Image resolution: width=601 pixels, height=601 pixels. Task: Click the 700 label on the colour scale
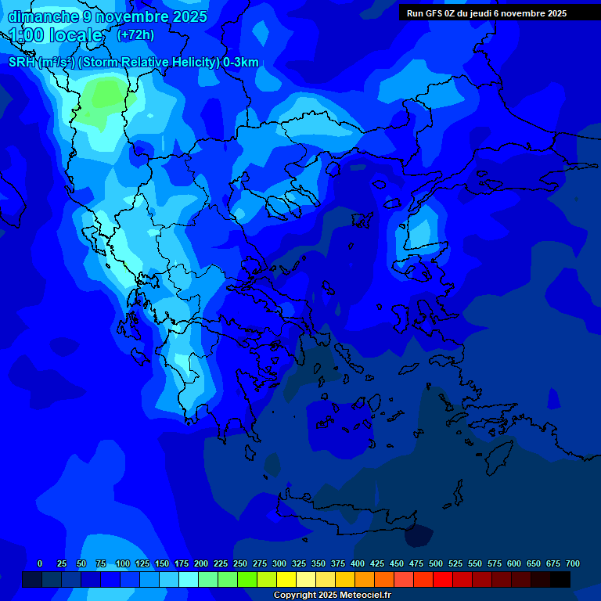(x=573, y=563)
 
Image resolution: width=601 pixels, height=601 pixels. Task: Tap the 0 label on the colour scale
(x=40, y=563)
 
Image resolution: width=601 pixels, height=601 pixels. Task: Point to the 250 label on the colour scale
(x=240, y=563)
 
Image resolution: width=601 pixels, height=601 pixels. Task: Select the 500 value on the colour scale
(x=436, y=563)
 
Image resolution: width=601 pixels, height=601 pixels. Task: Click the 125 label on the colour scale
(x=142, y=563)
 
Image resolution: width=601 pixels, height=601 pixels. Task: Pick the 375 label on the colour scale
(x=338, y=563)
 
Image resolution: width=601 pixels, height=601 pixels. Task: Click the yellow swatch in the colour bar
(x=286, y=579)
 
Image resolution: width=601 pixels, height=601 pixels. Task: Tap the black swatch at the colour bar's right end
(x=560, y=579)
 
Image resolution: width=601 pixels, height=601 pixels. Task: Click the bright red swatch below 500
(x=443, y=579)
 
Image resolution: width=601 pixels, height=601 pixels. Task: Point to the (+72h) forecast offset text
(x=135, y=35)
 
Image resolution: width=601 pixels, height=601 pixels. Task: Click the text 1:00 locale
(x=56, y=35)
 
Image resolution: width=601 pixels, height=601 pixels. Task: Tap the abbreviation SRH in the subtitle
(x=23, y=63)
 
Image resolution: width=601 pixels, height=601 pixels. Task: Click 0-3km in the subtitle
(x=241, y=63)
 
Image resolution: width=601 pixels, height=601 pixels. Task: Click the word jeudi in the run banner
(x=483, y=13)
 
